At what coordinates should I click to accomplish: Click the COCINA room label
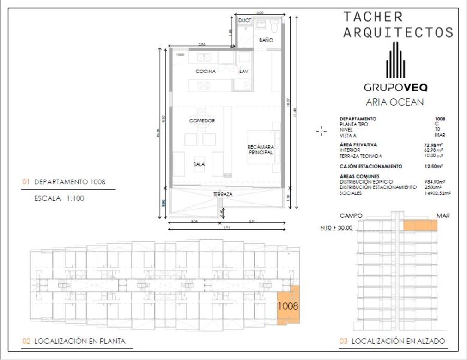206,72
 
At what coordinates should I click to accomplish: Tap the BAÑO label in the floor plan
266,41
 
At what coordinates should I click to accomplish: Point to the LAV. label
244,72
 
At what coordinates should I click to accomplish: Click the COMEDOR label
202,121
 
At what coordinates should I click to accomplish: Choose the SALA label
200,164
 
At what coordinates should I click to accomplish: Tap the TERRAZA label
223,195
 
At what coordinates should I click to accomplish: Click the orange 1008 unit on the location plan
288,305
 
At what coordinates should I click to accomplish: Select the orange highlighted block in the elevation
420,225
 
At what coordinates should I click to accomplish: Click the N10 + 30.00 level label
336,228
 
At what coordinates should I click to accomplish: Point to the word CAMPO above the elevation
351,216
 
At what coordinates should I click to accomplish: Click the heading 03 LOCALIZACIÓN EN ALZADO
392,342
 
